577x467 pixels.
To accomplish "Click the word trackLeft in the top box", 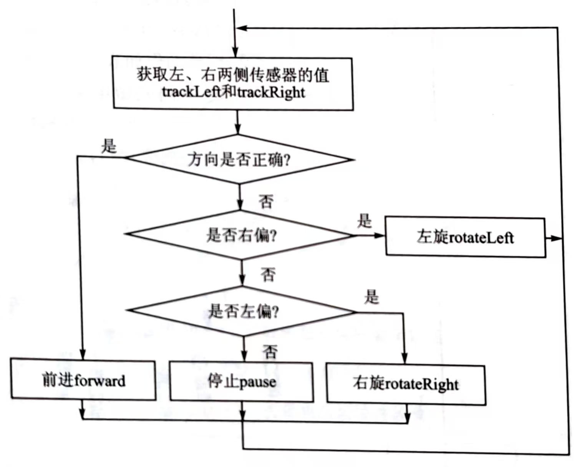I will click(x=191, y=92).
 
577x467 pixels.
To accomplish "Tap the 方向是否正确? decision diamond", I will click(x=239, y=159).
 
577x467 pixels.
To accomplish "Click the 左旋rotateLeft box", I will click(x=465, y=237).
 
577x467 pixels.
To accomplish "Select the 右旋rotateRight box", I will click(x=406, y=384).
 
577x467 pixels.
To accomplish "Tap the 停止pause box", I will click(x=242, y=382).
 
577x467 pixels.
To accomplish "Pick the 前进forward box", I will click(x=83, y=380).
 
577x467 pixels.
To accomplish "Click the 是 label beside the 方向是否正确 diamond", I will click(x=109, y=146).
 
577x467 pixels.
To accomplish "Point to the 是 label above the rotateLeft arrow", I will click(x=364, y=221).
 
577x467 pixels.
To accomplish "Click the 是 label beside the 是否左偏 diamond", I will click(x=371, y=296).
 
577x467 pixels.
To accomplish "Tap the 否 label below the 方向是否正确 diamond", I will click(x=266, y=201).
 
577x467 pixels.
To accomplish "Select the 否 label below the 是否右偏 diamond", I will click(x=268, y=274).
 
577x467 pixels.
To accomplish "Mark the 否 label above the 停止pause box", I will click(x=270, y=351).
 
